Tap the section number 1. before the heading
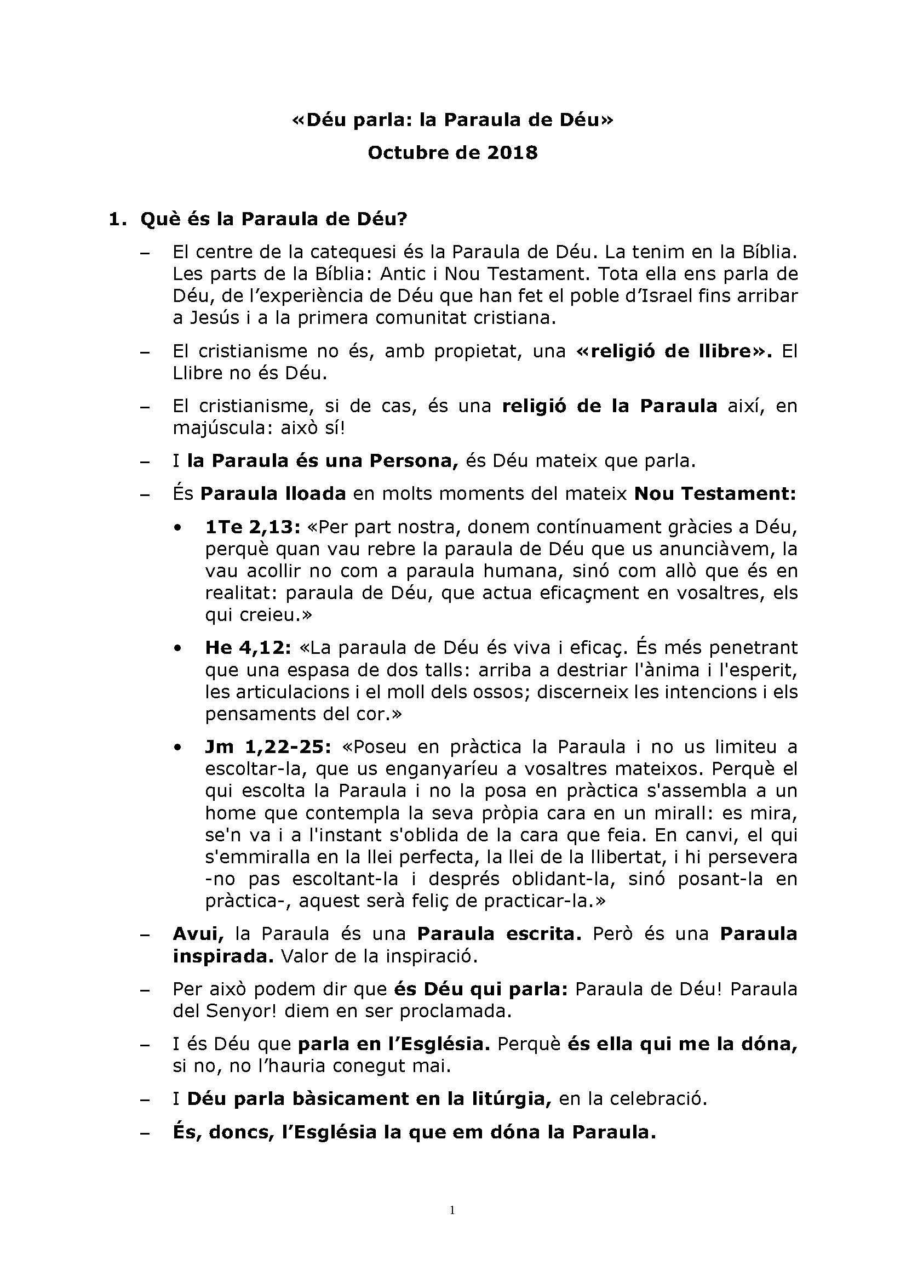coord(118,219)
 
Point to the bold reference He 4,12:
coord(248,648)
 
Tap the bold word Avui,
coord(198,933)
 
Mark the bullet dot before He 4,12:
coord(177,649)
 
